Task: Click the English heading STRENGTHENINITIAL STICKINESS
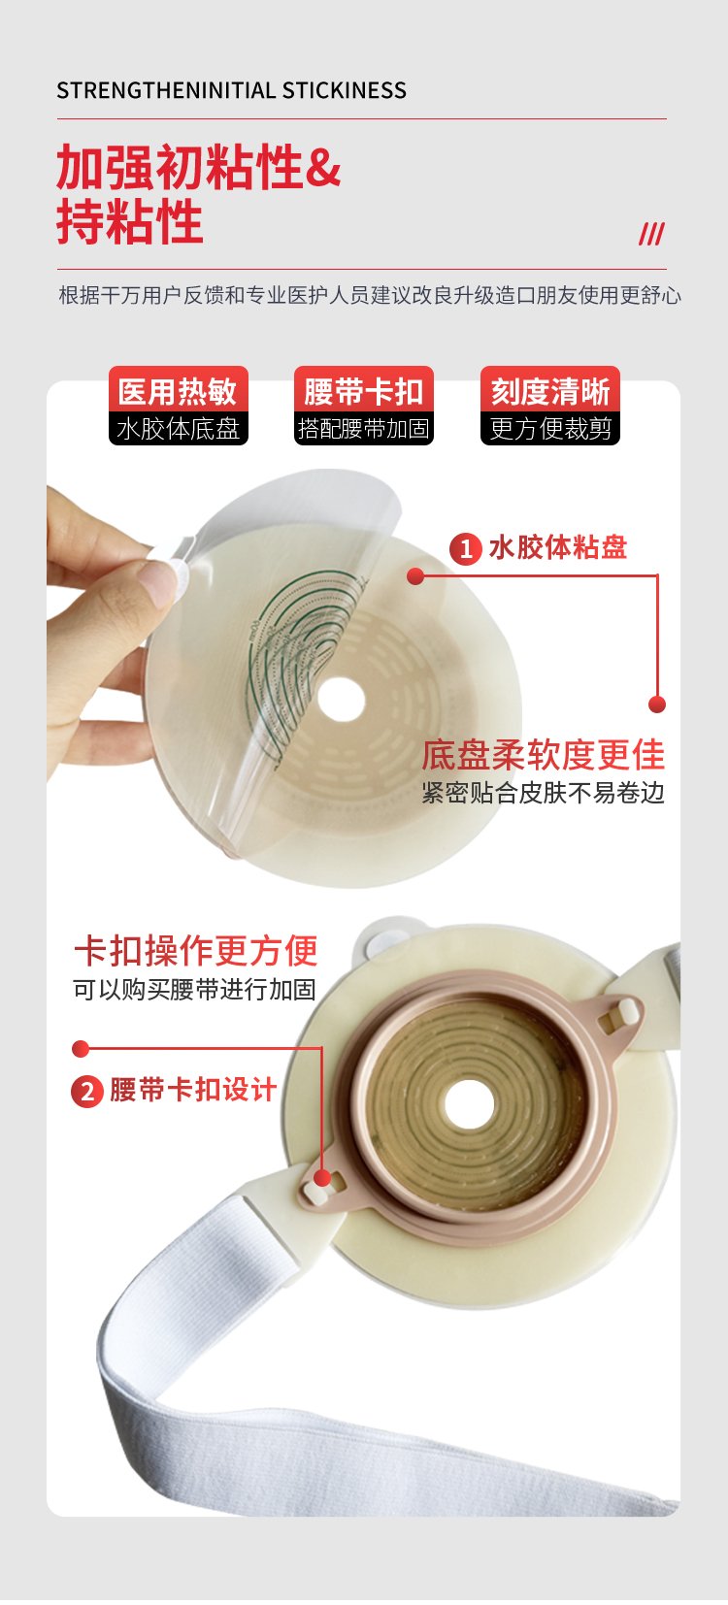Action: click(x=231, y=90)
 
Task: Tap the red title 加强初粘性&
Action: click(x=198, y=167)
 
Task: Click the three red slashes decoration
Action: click(x=651, y=234)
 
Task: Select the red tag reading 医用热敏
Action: click(x=179, y=391)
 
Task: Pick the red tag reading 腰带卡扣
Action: click(x=363, y=391)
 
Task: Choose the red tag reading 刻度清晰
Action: click(x=550, y=391)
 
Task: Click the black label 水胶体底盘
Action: click(x=179, y=429)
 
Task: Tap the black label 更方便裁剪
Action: click(x=550, y=429)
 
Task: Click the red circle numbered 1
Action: click(x=466, y=549)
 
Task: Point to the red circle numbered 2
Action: click(x=87, y=1092)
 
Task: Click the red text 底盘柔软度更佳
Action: click(x=544, y=755)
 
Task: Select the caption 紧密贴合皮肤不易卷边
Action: click(x=544, y=793)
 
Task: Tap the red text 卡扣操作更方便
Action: click(x=196, y=951)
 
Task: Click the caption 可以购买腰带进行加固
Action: click(x=195, y=990)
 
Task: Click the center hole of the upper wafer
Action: click(x=341, y=700)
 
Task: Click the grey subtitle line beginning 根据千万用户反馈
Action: click(x=370, y=295)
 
